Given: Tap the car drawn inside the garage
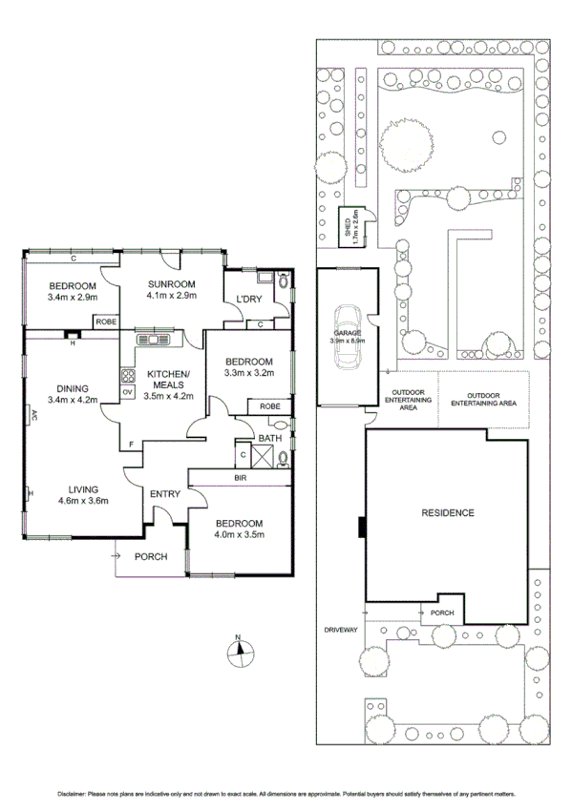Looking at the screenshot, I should pos(345,336).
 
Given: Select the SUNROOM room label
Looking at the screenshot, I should pos(171,284).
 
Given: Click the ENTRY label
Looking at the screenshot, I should pos(165,493).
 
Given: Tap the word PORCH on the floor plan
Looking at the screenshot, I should pos(151,556).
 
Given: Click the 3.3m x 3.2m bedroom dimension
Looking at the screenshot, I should pos(248,374).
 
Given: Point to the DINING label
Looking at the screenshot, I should pos(72,388).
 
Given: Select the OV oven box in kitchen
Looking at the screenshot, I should pos(126,392).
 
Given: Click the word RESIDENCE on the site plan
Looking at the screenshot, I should pos(448,512).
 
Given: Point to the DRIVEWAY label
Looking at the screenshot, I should pos(340,631).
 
